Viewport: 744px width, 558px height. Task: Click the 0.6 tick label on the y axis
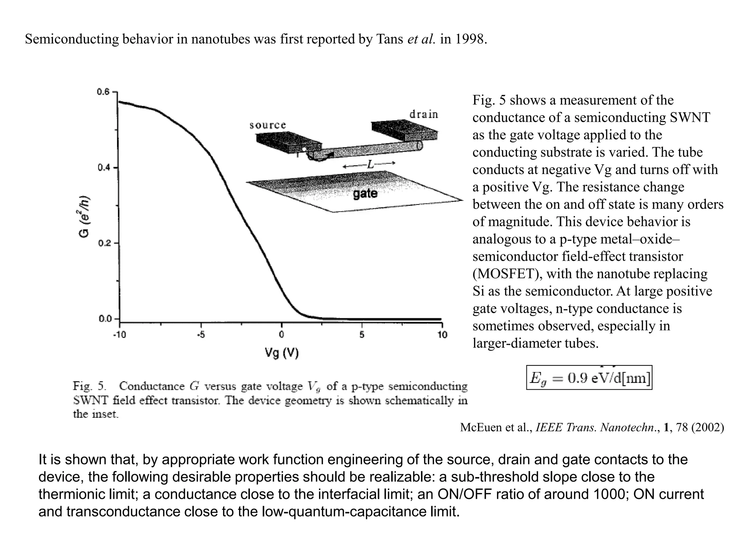click(x=103, y=92)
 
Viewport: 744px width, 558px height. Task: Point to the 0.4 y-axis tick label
click(x=103, y=168)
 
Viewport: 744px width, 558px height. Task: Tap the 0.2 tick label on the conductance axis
click(x=103, y=243)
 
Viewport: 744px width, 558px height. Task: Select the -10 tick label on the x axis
click(x=119, y=335)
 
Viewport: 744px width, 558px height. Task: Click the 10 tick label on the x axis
click(x=442, y=335)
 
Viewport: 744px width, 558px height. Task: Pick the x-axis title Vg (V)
click(x=282, y=352)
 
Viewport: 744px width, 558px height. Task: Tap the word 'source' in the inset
click(x=268, y=125)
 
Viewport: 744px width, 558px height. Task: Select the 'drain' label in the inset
click(x=424, y=114)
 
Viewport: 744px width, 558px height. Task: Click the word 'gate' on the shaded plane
click(x=365, y=193)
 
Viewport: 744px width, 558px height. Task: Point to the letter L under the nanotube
click(x=370, y=165)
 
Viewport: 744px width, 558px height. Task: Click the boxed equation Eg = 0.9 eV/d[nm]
click(x=589, y=378)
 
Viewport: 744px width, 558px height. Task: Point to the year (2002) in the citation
click(x=707, y=428)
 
